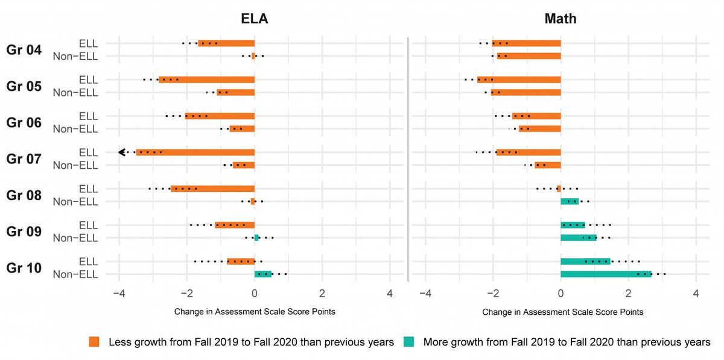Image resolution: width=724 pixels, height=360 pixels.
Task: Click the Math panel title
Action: click(x=560, y=19)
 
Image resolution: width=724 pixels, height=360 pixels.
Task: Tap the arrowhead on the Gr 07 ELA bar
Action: click(x=121, y=153)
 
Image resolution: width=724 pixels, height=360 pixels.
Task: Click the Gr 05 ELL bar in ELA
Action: click(x=206, y=80)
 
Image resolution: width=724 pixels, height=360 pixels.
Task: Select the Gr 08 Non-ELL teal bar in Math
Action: click(x=570, y=201)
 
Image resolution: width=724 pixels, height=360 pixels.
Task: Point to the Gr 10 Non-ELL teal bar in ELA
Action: click(x=263, y=274)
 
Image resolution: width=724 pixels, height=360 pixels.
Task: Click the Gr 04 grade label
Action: click(x=24, y=50)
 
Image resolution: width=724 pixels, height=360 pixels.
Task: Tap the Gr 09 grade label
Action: click(x=24, y=232)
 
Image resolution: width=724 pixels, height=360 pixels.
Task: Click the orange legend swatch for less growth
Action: click(x=94, y=342)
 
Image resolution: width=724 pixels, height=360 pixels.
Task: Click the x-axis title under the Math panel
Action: click(x=562, y=312)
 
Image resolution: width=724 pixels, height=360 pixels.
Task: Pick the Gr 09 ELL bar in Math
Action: click(x=573, y=225)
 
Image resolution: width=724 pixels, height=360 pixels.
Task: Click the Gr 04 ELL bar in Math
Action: click(x=526, y=43)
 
